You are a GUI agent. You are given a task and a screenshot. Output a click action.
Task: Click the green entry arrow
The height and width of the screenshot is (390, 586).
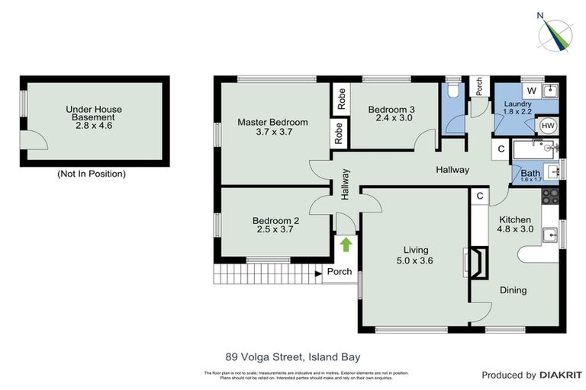(346, 245)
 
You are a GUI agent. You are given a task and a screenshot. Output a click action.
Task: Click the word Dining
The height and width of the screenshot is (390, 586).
(513, 290)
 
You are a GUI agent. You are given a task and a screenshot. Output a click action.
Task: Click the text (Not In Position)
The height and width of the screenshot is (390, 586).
(92, 174)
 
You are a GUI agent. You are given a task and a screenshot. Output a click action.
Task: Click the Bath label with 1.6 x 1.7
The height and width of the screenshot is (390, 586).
(530, 174)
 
